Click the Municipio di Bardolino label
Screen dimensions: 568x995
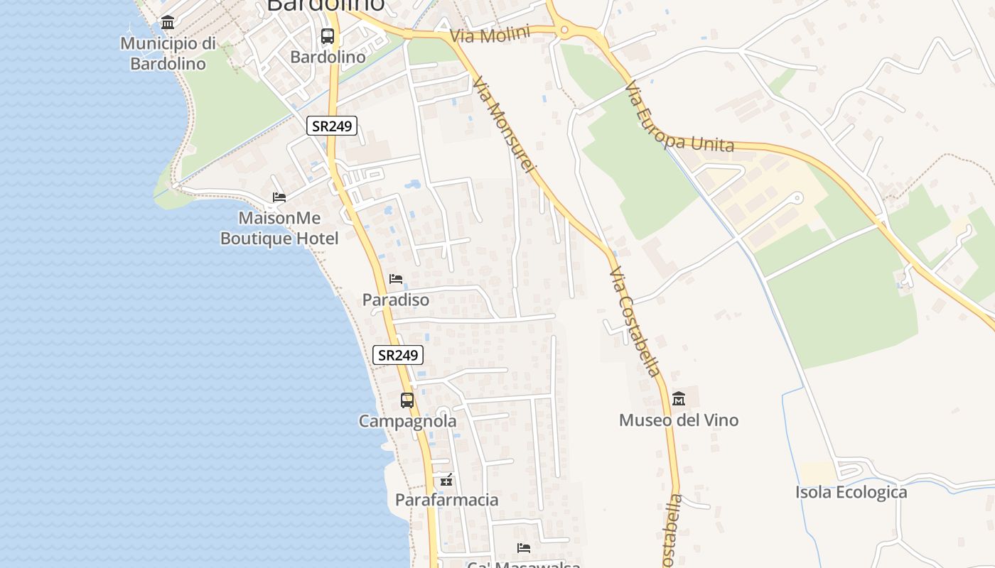pos(168,54)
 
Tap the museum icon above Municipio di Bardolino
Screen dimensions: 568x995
pos(168,23)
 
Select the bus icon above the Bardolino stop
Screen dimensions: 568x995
pos(328,35)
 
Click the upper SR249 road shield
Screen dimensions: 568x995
pos(332,126)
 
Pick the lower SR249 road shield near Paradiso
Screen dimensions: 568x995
pos(397,355)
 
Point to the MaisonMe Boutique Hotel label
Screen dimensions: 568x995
pos(279,228)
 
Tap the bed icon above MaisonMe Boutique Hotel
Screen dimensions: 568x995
pos(279,197)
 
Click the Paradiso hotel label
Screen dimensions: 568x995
pos(396,300)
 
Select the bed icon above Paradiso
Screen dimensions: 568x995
pos(396,279)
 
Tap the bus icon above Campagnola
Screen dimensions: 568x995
pos(407,400)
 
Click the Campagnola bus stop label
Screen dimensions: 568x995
pos(407,421)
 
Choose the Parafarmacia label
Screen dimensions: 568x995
pos(447,500)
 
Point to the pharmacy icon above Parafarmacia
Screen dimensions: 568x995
pos(446,480)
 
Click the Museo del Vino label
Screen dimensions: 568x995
pos(679,420)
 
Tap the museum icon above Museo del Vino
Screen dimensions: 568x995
pos(679,398)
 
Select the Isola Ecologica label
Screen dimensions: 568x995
pos(851,492)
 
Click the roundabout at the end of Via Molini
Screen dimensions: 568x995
pos(565,30)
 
